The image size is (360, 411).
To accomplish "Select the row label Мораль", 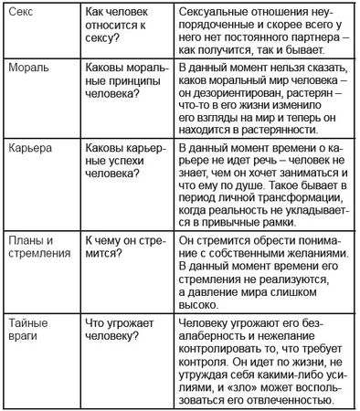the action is coord(28,68).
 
